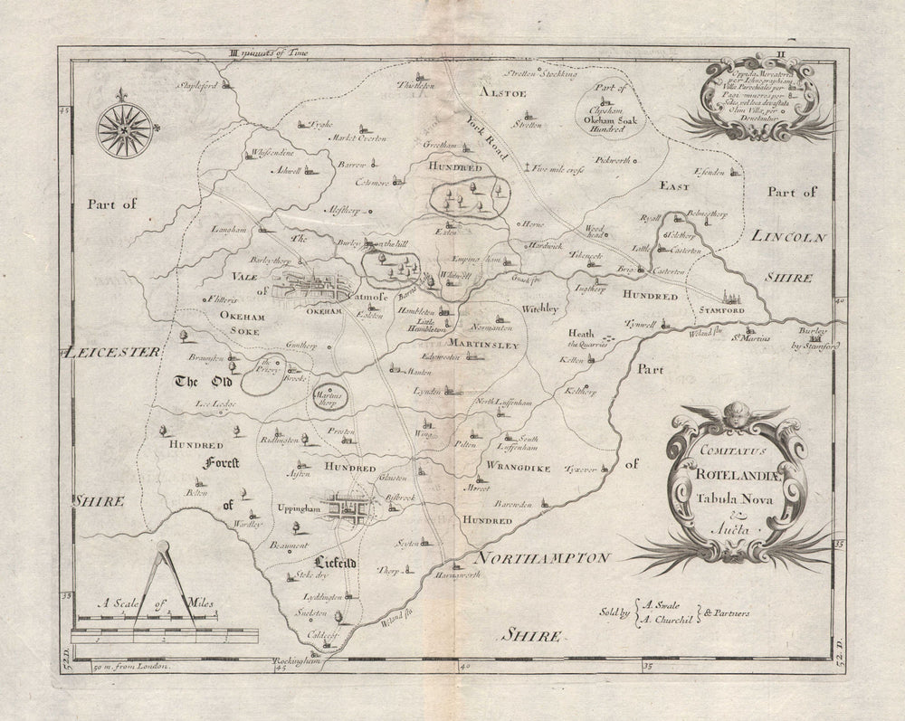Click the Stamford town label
(720, 310)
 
